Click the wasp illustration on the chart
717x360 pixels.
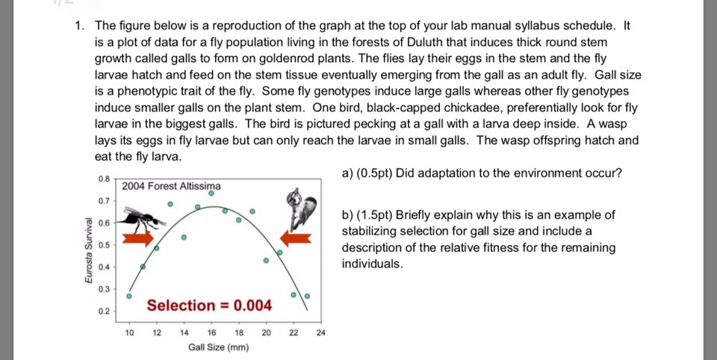tap(143, 217)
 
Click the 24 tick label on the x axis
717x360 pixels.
tap(320, 332)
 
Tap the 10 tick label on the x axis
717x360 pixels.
tap(128, 332)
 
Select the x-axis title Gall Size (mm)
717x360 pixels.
tap(218, 347)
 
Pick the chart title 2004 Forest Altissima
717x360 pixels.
tap(171, 186)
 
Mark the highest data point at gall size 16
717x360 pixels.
tap(211, 193)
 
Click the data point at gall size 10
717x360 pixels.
tap(128, 297)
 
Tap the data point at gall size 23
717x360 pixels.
tap(306, 297)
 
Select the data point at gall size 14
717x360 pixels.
tap(184, 238)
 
